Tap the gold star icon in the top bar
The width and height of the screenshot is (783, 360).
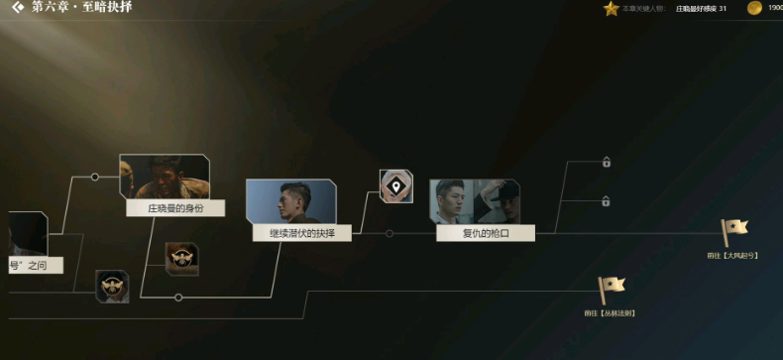point(611,9)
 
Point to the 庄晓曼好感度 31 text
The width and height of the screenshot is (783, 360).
point(701,9)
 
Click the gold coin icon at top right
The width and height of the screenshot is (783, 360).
point(754,9)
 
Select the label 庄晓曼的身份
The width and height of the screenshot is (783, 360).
point(174,208)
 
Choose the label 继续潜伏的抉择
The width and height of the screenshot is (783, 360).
point(302,234)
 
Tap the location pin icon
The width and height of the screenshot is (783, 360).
point(395,185)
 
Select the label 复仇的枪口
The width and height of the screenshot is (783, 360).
point(485,234)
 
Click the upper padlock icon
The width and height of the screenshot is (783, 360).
point(606,163)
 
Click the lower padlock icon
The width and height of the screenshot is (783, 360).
point(606,202)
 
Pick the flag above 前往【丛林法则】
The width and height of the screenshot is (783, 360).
point(611,290)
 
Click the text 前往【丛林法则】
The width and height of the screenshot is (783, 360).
point(610,313)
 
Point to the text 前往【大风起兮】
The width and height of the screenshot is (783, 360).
point(732,256)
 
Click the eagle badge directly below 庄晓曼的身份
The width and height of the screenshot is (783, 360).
point(181,259)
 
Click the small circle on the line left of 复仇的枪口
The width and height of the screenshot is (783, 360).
point(390,234)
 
